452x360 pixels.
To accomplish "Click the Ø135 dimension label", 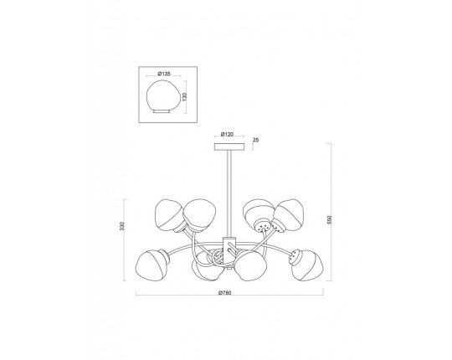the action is click(164, 74).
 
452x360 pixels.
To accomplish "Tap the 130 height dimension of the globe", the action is click(184, 96).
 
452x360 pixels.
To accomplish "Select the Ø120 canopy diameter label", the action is click(227, 134).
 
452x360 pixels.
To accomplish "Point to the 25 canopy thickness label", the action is click(255, 140).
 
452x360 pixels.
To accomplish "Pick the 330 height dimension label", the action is click(122, 226).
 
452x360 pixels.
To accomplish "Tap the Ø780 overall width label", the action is click(225, 293).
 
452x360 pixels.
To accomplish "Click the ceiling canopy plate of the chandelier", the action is click(229, 147).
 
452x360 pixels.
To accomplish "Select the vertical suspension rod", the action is click(229, 193).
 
